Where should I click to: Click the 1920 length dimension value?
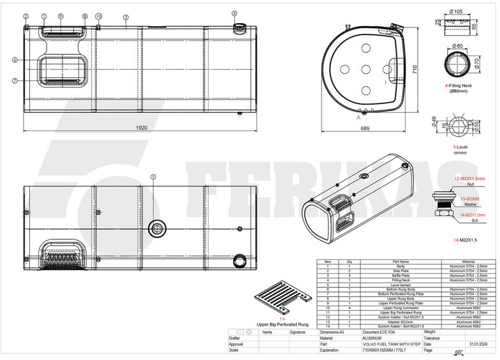142,128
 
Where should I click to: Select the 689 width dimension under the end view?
364,128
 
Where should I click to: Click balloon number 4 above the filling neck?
234,13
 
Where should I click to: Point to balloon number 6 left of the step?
13,60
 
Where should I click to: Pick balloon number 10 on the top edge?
98,15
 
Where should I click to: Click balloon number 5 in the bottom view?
152,177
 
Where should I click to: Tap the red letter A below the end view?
359,117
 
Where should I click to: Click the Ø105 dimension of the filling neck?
456,11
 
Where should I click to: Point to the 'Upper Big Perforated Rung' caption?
283,324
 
